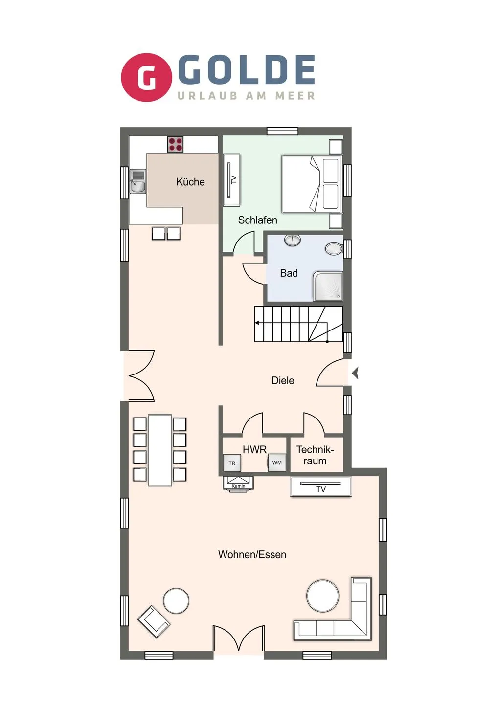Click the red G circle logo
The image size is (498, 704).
coord(146,78)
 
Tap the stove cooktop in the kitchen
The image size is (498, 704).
coord(176,144)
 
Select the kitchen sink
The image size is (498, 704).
coord(138,181)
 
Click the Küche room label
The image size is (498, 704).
coord(190,182)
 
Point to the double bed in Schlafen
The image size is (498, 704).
coord(311,184)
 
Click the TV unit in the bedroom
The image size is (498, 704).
coord(232,180)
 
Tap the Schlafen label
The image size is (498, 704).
coord(257,220)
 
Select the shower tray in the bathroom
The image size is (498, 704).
coord(328,286)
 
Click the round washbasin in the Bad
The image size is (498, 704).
coord(293,240)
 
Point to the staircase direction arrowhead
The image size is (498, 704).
coord(257,323)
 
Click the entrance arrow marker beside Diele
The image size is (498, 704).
coord(356,373)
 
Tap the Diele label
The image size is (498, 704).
coord(283,380)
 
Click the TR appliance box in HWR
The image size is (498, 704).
coord(232,462)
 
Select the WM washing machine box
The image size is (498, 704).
coord(277,462)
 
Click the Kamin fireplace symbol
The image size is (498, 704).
coord(238,482)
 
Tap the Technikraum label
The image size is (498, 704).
coord(315,455)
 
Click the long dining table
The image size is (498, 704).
coord(160,450)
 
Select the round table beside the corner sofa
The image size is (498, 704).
coord(322,596)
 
